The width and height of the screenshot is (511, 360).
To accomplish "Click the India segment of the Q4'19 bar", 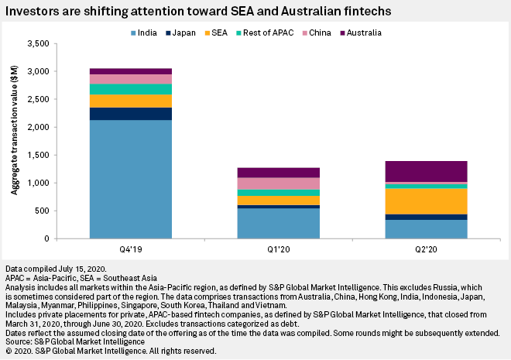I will pyautogui.click(x=130, y=178).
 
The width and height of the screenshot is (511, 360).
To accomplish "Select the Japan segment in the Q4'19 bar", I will pyautogui.click(x=130, y=114).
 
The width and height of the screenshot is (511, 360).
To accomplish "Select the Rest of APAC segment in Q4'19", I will pyautogui.click(x=130, y=89).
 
